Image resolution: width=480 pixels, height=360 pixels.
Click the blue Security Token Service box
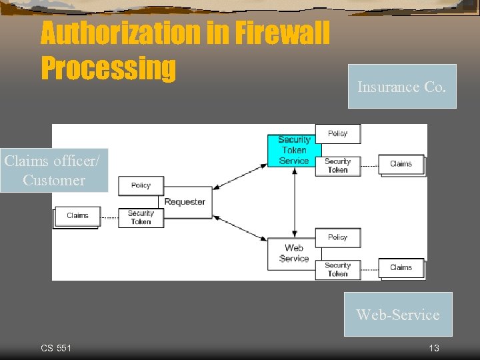pos(294,151)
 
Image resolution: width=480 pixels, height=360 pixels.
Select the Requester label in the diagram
pos(185,201)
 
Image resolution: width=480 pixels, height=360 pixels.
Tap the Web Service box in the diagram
pos(294,253)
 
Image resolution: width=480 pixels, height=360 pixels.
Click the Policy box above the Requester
pos(141,185)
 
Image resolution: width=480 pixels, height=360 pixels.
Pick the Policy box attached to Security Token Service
pos(337,133)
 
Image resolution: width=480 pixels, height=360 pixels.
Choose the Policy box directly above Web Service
pos(337,237)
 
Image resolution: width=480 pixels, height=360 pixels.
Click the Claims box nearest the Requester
pos(77,216)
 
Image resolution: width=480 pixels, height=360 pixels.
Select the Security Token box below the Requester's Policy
pos(141,217)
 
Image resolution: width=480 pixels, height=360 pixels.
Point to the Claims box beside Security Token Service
pos(401,164)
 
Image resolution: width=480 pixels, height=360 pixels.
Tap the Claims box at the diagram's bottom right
pos(401,267)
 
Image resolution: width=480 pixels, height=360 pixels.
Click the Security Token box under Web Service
pos(337,269)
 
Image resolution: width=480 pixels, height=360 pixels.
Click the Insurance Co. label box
pos(402,87)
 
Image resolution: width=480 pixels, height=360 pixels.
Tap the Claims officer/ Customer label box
pos(54,171)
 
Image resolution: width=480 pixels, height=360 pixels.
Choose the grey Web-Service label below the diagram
pos(398,314)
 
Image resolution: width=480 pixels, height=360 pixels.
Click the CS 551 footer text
pos(56,348)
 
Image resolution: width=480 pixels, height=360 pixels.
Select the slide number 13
pos(434,348)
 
